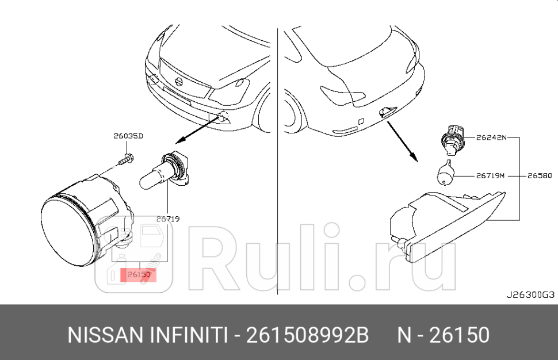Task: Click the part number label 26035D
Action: [128, 136]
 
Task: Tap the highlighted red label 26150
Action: [139, 275]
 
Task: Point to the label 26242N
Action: [491, 138]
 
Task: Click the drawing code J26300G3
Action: [530, 295]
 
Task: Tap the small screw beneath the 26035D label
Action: [127, 159]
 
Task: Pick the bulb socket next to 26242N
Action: [452, 139]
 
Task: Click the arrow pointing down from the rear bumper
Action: [402, 141]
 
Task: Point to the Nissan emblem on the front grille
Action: [178, 82]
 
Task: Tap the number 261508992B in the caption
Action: [307, 335]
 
